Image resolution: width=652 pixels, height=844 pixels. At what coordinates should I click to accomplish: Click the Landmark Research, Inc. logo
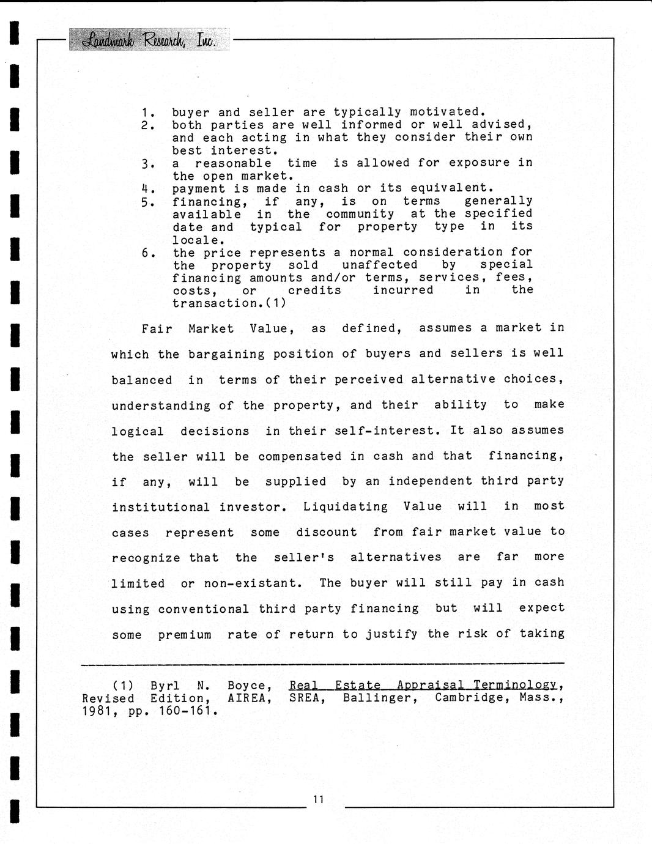[149, 40]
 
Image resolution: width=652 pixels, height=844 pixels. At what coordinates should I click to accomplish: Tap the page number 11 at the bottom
[318, 799]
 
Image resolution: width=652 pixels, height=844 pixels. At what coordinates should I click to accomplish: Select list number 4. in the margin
[147, 189]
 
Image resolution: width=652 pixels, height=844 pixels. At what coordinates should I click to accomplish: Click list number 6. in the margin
[147, 253]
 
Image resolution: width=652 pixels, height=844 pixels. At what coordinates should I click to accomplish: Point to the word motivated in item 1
[446, 112]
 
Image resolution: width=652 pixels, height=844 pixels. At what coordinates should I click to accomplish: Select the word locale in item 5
[196, 240]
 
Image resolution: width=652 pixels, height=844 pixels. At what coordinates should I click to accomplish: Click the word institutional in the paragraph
[160, 507]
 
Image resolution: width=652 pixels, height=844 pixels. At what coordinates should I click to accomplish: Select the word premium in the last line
[185, 635]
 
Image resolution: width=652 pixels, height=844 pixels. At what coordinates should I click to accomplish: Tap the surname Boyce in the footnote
[248, 686]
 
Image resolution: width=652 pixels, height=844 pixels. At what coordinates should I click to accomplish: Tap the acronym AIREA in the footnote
[248, 698]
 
